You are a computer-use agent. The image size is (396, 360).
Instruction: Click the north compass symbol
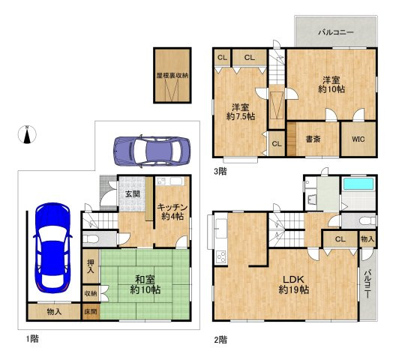click(27, 134)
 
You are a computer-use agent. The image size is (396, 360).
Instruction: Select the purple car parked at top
click(152, 151)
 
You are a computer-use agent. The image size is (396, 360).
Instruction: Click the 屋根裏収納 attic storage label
click(172, 75)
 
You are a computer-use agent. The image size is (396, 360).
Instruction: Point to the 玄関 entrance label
click(132, 194)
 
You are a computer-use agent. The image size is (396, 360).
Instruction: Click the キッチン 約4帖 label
click(172, 212)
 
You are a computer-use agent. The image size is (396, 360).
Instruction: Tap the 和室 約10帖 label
click(145, 285)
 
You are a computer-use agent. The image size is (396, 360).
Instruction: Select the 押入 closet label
click(91, 266)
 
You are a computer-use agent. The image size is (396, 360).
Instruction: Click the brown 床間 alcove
click(91, 312)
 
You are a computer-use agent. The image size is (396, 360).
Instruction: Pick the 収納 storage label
click(91, 293)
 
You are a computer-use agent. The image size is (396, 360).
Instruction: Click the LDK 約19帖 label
click(293, 285)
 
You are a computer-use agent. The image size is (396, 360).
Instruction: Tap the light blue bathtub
click(358, 184)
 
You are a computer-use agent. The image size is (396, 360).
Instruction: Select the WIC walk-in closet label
click(358, 139)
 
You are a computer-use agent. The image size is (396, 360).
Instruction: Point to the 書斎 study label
click(313, 139)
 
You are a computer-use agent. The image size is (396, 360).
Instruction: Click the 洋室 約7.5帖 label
click(241, 112)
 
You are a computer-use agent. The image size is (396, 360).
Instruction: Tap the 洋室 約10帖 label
click(331, 85)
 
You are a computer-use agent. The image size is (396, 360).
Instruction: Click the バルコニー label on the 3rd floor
click(336, 32)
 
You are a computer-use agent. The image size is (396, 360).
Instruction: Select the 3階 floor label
click(220, 172)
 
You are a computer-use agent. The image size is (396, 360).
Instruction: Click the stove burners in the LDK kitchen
click(221, 256)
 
